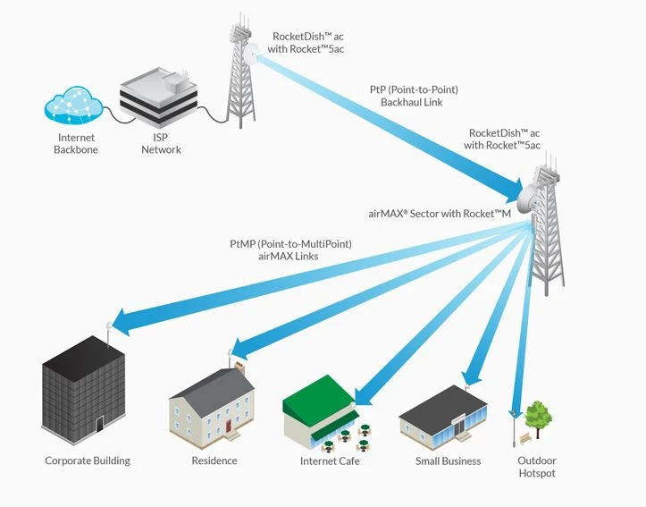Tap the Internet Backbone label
coord(77,144)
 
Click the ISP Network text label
coord(161,144)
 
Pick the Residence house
coord(211,405)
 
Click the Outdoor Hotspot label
coord(537,467)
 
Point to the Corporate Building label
coord(88,461)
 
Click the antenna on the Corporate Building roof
coord(108,329)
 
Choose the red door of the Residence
coord(230,423)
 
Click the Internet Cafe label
coord(330,461)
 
